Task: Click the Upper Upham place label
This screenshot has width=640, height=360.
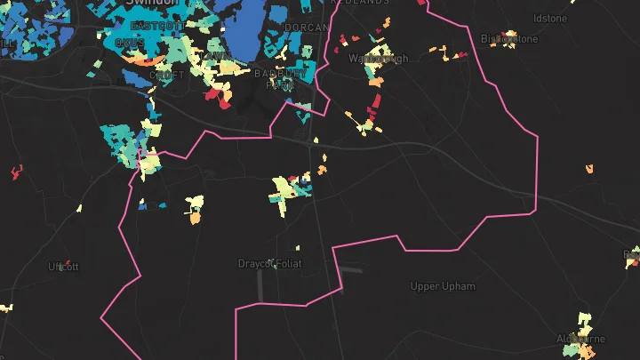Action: coord(443,286)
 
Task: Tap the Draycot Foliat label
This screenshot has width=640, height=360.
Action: coord(270,263)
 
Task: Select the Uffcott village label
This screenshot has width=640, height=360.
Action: coord(64,266)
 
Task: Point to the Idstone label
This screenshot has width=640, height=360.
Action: coord(549,18)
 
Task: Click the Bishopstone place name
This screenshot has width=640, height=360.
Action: coord(509,39)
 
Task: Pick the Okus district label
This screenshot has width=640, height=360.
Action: coord(130,42)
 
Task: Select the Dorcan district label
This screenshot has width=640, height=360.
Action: coord(307,28)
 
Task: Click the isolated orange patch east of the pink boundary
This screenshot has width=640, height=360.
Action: coord(588,168)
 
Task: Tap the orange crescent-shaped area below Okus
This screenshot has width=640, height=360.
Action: coord(147,60)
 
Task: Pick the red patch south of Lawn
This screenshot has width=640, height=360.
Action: coord(221,103)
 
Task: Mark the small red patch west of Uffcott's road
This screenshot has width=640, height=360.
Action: coord(15,171)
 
